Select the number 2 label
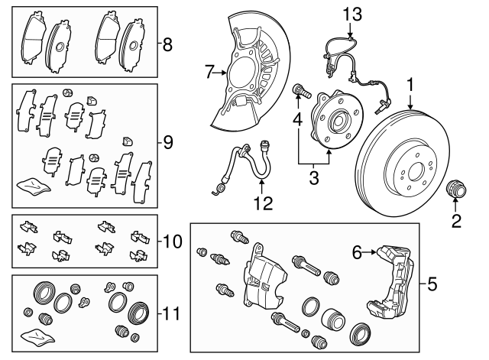point(455,222)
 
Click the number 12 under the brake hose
point(262,203)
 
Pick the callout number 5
point(432,286)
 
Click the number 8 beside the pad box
point(168,44)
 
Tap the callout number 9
point(168,142)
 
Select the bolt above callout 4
point(301,93)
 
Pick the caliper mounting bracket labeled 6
point(393,283)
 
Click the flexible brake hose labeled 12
point(244,164)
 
